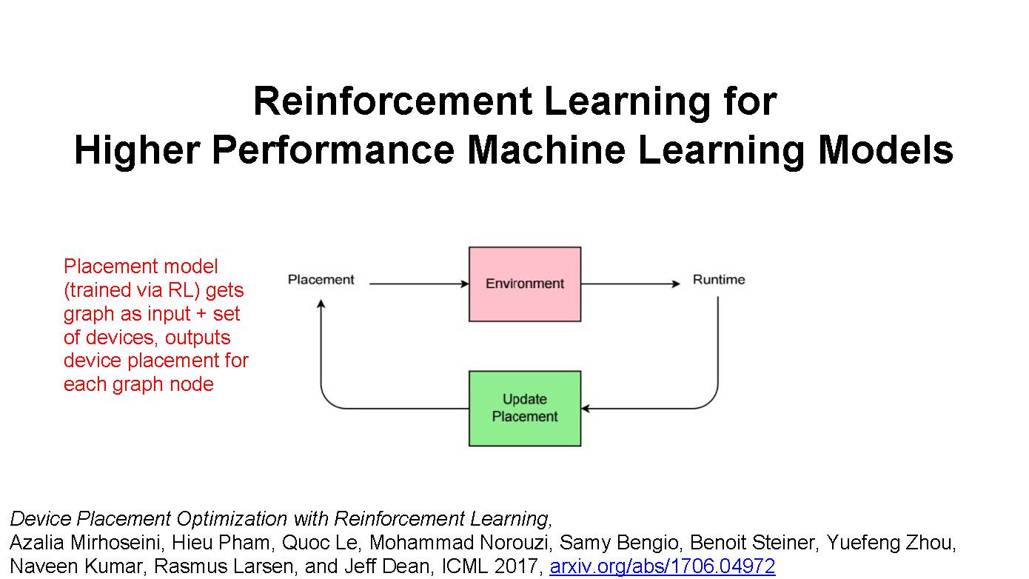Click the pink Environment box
point(524,284)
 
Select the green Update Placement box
point(524,408)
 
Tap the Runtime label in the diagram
point(718,280)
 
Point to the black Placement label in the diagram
point(321,280)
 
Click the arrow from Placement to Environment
point(418,284)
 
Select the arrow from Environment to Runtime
point(629,284)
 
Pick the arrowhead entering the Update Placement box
point(586,408)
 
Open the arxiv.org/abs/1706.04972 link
point(662,567)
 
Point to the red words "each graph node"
point(138,384)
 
